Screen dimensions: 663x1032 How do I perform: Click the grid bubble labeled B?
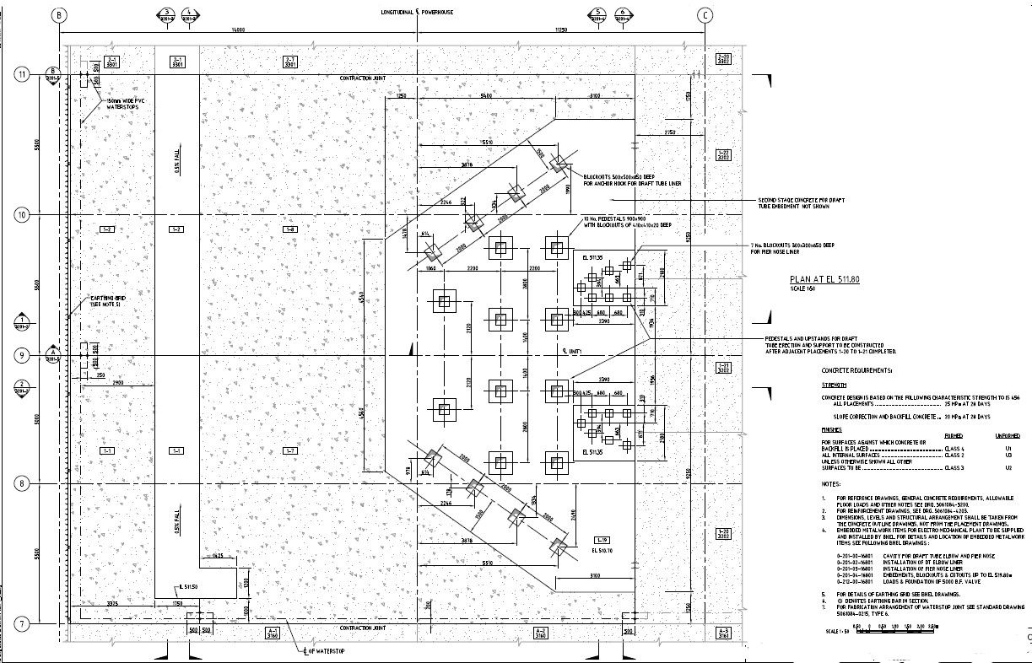pyautogui.click(x=58, y=15)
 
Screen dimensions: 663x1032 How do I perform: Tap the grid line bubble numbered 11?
pyautogui.click(x=23, y=74)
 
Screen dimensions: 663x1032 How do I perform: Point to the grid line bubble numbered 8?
pyautogui.click(x=23, y=483)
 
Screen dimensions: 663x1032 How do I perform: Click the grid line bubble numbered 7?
pyautogui.click(x=23, y=624)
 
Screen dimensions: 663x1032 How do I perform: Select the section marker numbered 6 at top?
pyautogui.click(x=623, y=14)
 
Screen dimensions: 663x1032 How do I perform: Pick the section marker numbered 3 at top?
pyautogui.click(x=166, y=14)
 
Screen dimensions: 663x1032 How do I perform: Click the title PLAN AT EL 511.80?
pyautogui.click(x=824, y=279)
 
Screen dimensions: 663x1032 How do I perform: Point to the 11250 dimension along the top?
pyautogui.click(x=559, y=30)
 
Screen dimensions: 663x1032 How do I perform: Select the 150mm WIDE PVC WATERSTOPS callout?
pyautogui.click(x=125, y=105)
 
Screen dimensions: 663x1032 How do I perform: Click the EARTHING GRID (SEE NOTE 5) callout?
pyautogui.click(x=109, y=301)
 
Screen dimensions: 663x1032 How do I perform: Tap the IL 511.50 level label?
pyautogui.click(x=188, y=586)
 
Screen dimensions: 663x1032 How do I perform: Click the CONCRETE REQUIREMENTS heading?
pyautogui.click(x=856, y=370)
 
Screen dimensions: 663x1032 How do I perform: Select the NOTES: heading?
pyautogui.click(x=830, y=484)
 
